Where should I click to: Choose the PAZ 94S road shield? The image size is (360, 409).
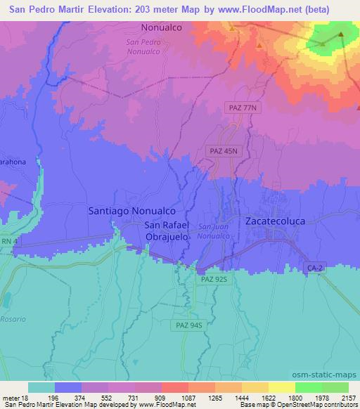(189, 325)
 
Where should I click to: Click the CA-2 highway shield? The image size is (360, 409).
(315, 268)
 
